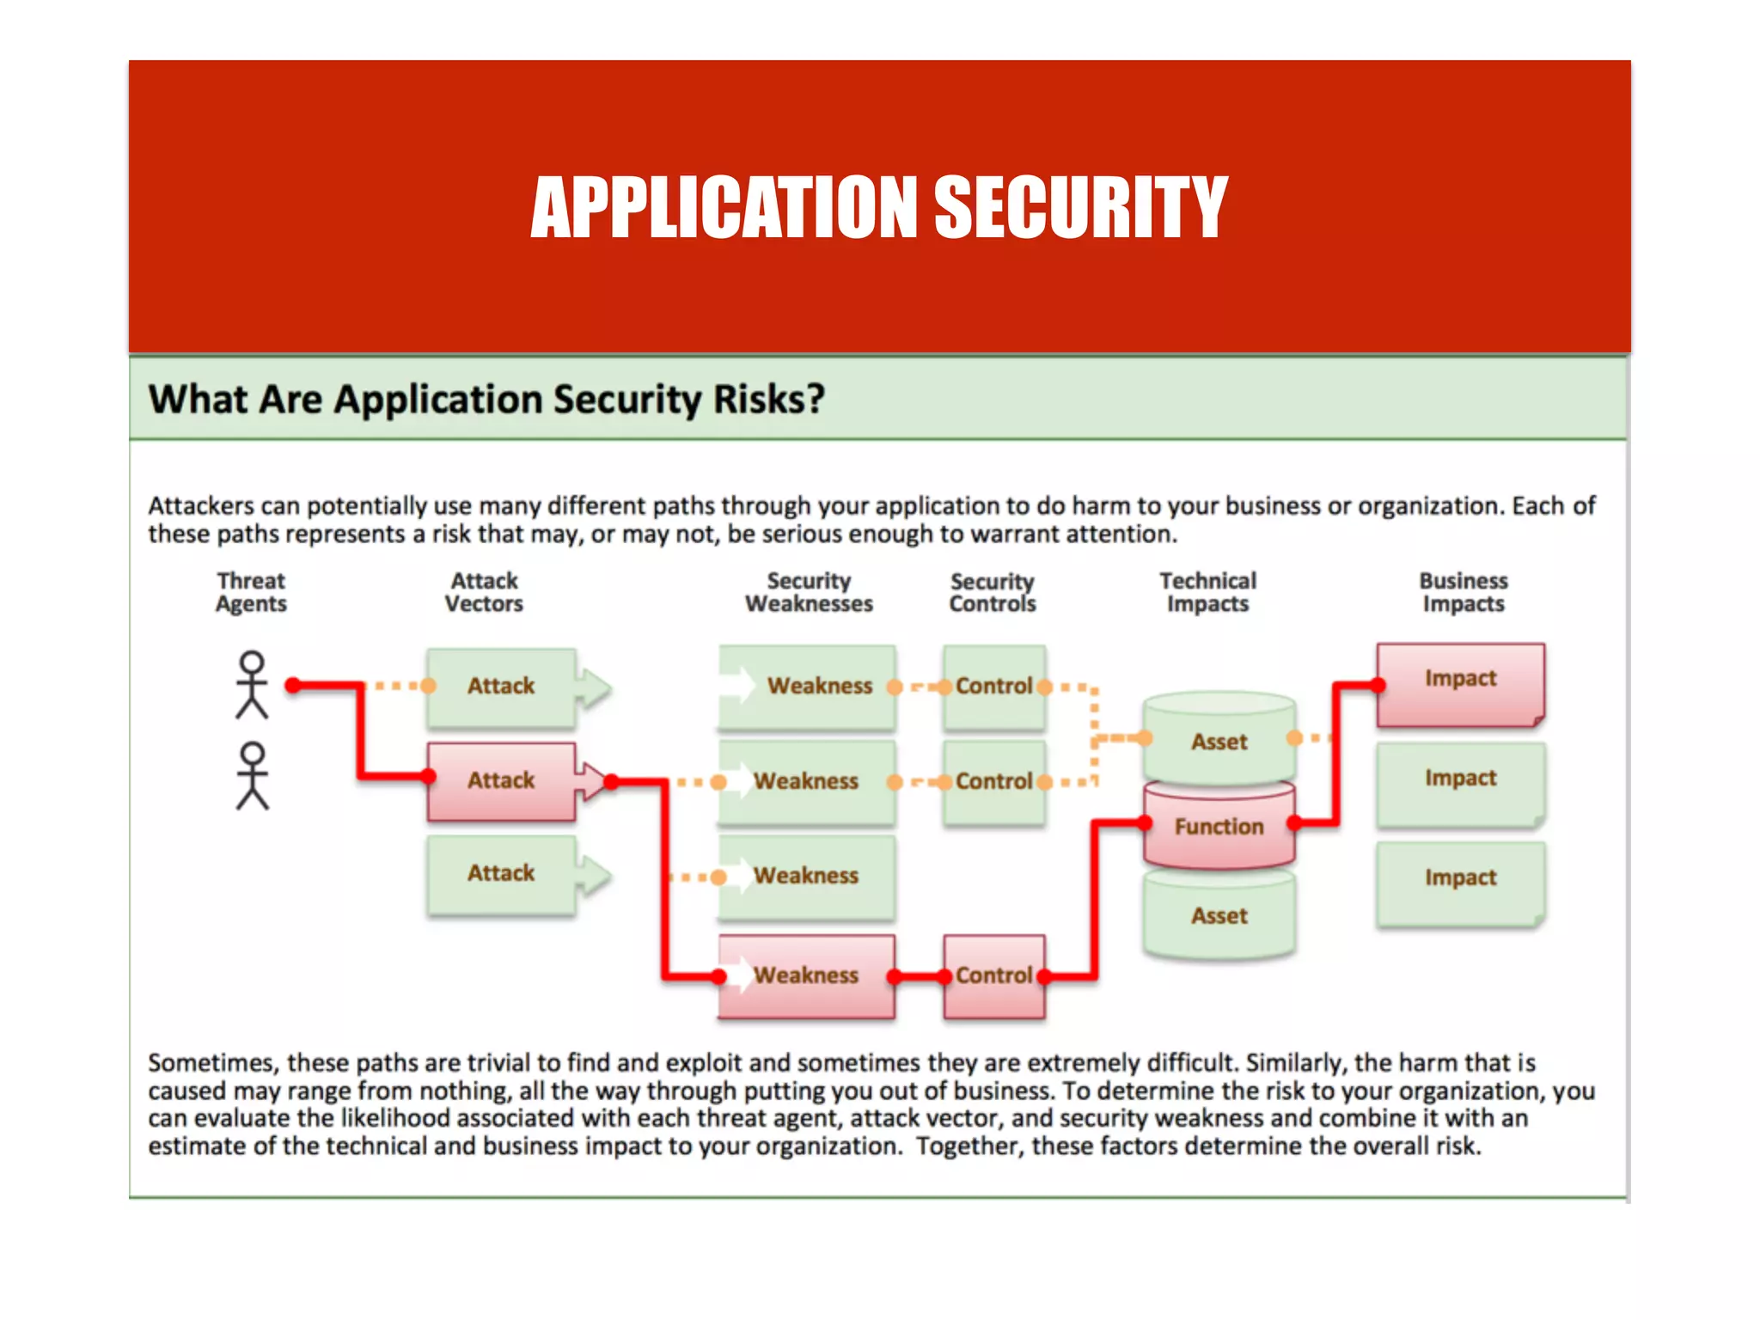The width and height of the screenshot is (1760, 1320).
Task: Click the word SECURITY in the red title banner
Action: point(1080,207)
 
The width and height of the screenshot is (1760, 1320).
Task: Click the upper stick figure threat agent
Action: point(252,685)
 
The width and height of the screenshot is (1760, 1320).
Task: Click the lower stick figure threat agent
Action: point(252,776)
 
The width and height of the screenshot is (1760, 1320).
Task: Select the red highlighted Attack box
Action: point(502,780)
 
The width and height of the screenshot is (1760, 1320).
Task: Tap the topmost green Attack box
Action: point(502,686)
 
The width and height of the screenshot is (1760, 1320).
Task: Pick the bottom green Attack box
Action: point(502,873)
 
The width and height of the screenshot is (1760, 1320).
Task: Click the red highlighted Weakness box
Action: point(806,975)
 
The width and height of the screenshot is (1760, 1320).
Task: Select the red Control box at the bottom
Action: point(994,975)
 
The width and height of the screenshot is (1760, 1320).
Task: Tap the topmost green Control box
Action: point(994,686)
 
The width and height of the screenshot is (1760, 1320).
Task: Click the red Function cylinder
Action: point(1219,827)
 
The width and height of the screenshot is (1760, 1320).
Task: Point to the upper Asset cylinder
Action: point(1219,741)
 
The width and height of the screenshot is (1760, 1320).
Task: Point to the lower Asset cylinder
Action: point(1219,916)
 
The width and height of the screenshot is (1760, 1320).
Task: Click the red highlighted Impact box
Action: point(1460,679)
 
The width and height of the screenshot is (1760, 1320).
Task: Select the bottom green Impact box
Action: point(1460,878)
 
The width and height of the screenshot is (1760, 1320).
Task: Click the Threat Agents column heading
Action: point(251,592)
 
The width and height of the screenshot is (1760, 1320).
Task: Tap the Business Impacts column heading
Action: point(1463,592)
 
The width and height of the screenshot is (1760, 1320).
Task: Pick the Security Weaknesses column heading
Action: point(809,592)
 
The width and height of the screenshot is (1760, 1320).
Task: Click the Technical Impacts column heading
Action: point(1207,592)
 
